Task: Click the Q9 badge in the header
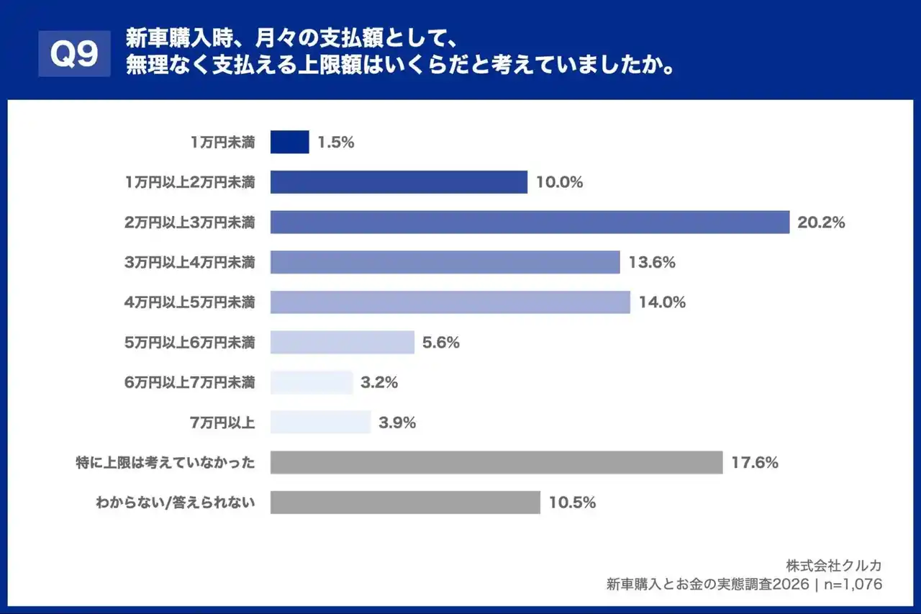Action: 75,53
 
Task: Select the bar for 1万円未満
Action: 289,142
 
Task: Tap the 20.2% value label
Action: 821,222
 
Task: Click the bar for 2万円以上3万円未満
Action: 530,222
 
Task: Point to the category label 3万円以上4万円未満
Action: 189,263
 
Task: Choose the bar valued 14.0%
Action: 450,302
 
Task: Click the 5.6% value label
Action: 441,343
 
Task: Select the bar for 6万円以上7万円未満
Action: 312,382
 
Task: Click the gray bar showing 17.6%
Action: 496,462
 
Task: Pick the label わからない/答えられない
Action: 176,502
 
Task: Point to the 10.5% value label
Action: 572,502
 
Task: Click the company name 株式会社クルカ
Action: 834,564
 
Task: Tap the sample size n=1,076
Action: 853,584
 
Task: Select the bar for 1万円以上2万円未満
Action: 399,182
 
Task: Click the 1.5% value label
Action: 336,142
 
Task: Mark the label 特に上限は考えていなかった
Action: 165,462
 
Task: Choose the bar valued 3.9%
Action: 320,423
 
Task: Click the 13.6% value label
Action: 651,263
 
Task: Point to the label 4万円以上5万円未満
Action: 189,302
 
